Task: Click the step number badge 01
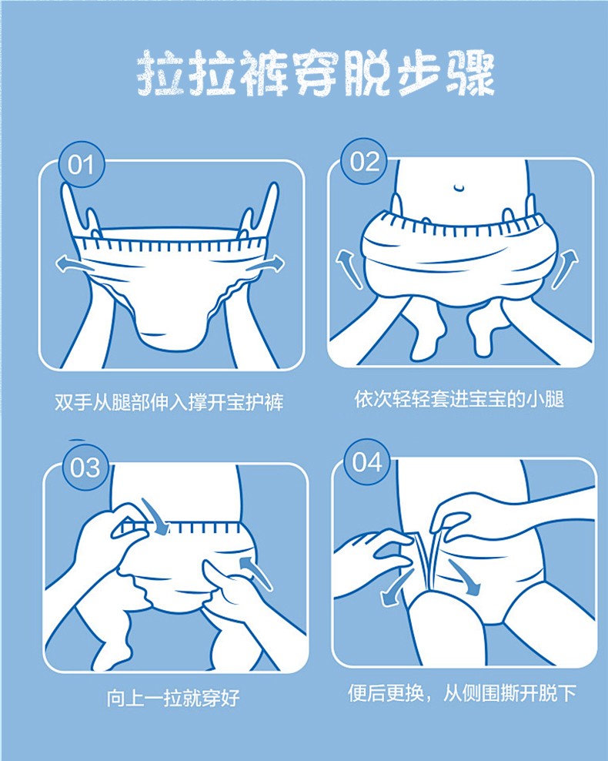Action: [x=81, y=165]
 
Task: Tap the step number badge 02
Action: [x=365, y=162]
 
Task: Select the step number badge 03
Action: [x=85, y=468]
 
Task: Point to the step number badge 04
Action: [x=367, y=461]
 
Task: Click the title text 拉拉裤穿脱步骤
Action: [x=316, y=73]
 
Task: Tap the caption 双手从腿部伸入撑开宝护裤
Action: [x=169, y=402]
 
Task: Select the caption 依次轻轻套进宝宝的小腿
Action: [x=459, y=399]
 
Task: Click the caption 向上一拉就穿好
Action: [x=173, y=698]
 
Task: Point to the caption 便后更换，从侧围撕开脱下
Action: [x=462, y=692]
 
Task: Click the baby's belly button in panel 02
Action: [x=459, y=186]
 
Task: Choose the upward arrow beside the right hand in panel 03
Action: [x=256, y=574]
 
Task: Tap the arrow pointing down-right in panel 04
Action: [x=466, y=578]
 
